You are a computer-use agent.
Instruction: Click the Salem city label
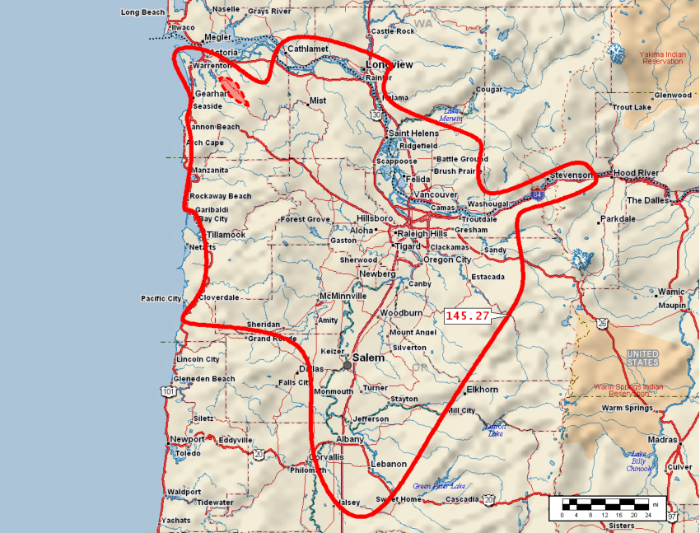pyautogui.click(x=369, y=358)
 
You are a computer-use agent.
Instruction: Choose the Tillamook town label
pyautogui.click(x=226, y=235)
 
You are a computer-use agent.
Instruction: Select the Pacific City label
pyautogui.click(x=161, y=298)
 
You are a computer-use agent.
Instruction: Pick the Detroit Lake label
pyautogui.click(x=495, y=430)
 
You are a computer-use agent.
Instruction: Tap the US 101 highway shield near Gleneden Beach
pyautogui.click(x=169, y=391)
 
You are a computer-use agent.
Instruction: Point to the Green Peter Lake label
pyautogui.click(x=439, y=486)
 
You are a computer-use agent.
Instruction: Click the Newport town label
pyautogui.click(x=186, y=439)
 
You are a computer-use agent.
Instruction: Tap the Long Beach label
pyautogui.click(x=142, y=12)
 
